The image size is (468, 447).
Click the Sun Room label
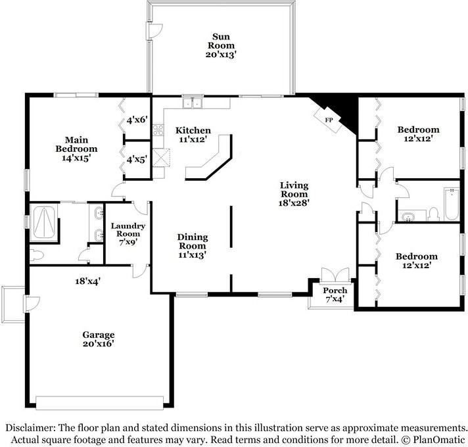click(221, 45)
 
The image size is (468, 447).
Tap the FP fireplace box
click(328, 120)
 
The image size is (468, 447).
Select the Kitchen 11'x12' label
click(193, 135)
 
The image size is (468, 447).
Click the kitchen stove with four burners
click(158, 129)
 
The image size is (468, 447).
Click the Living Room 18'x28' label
click(294, 194)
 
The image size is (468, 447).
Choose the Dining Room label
click(192, 246)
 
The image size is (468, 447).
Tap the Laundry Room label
click(128, 233)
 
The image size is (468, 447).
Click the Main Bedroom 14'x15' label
click(76, 149)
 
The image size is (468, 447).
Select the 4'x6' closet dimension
click(137, 120)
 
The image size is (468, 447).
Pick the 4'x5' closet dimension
click(137, 160)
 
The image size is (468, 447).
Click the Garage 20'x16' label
click(99, 339)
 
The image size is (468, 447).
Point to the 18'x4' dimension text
click(87, 281)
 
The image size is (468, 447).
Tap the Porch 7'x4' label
click(335, 294)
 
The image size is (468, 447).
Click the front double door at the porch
click(335, 275)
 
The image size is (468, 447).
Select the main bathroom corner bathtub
click(44, 222)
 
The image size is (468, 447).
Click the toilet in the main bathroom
click(37, 255)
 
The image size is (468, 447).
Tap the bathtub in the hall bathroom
click(452, 204)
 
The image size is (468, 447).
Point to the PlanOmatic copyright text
click(433, 440)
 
